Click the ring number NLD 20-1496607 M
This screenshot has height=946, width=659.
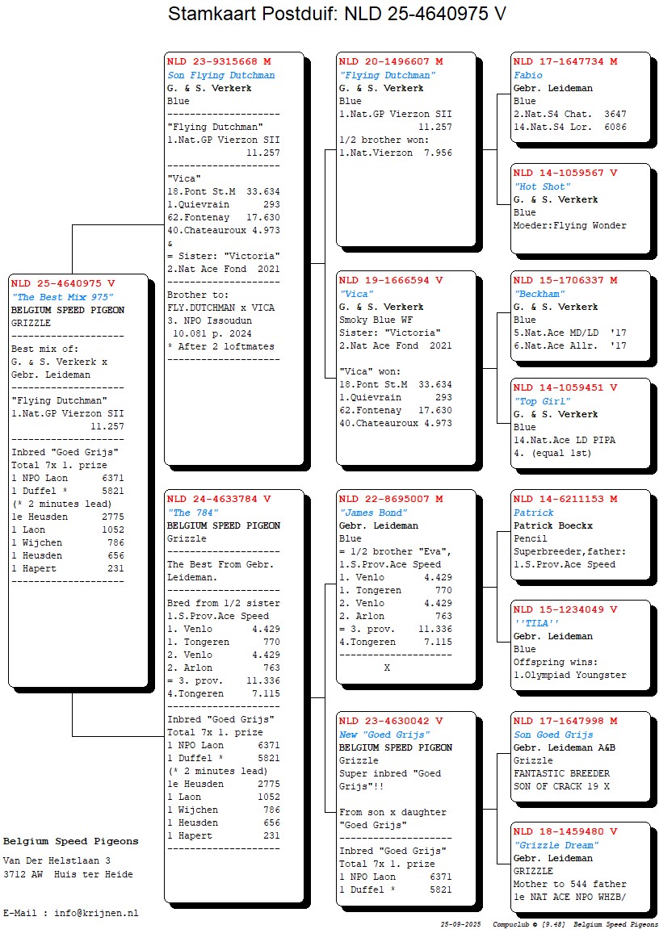tap(391, 62)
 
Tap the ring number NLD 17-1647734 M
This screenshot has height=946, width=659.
tap(565, 62)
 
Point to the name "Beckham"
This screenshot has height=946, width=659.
tap(539, 295)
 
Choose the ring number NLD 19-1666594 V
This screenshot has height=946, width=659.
tap(391, 281)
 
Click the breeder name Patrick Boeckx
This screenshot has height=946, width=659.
tap(552, 526)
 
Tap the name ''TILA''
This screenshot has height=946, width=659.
tap(537, 624)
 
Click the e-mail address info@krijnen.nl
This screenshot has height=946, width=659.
tap(96, 914)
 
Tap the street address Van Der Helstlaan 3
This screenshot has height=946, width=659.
tap(57, 861)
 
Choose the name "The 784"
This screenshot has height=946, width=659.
tap(191, 513)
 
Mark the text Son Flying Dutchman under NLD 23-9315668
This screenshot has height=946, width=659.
tap(220, 76)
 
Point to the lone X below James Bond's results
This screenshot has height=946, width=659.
tap(387, 668)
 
